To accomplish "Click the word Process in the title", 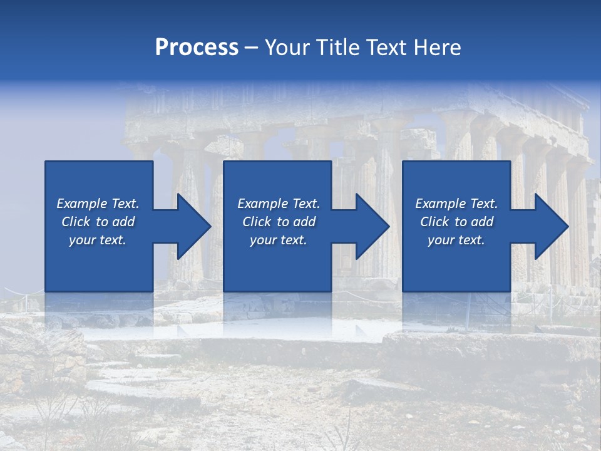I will coord(197,48).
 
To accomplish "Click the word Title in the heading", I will coord(336,48).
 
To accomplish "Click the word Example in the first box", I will coord(82,204).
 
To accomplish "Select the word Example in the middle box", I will coord(263,204).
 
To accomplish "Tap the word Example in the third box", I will coord(441,204).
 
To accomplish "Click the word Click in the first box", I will coord(76,222).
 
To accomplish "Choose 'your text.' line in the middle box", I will coord(278,240).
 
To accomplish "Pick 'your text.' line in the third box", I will coord(456,240).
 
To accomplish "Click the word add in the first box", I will coord(123,222).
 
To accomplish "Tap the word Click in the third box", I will coord(434,222).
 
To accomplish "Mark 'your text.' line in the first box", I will coord(97,240).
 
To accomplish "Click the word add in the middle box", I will coord(304,222).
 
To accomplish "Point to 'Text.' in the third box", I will coord(483,204).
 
